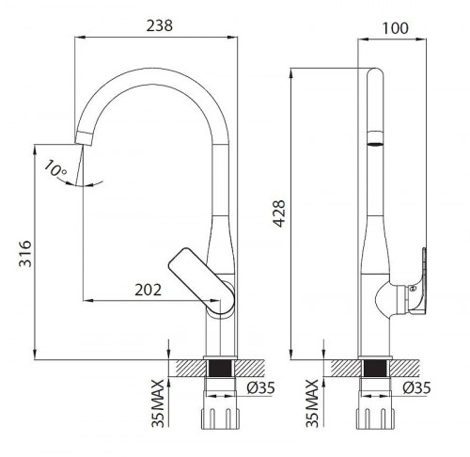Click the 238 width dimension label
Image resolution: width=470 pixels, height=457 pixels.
(160, 27)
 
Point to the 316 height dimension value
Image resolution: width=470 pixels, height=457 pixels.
(25, 255)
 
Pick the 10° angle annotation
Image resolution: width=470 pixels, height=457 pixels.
(55, 170)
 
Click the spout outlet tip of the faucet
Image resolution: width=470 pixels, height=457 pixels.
(82, 138)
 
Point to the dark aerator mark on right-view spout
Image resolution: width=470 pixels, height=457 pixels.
(374, 144)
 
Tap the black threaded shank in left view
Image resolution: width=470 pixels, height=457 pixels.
(222, 370)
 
